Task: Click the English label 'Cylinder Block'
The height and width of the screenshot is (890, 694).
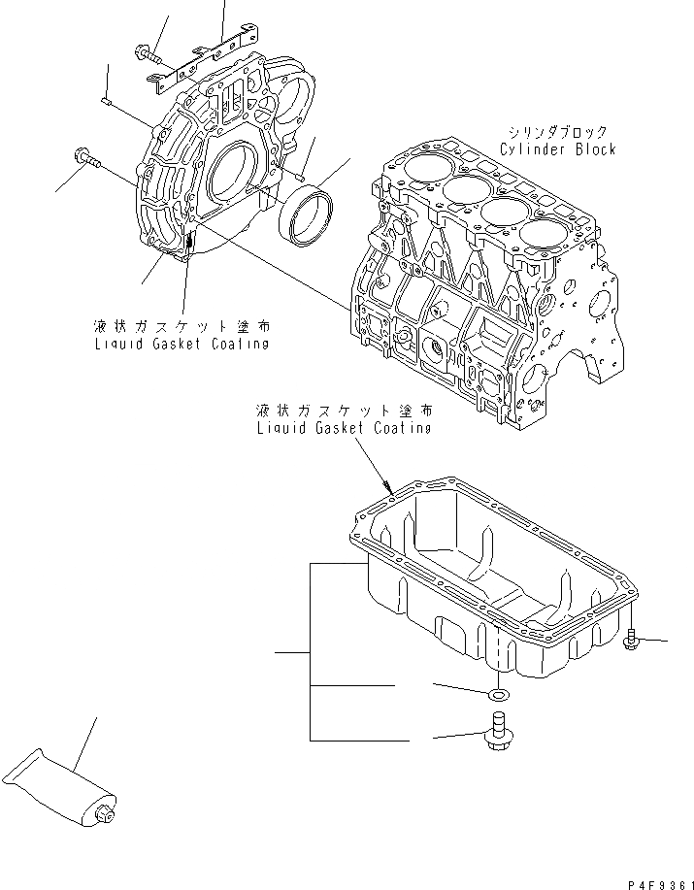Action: pos(558,149)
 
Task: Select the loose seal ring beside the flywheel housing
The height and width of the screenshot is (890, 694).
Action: pos(308,216)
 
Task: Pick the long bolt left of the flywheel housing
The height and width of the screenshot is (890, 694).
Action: pos(88,156)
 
